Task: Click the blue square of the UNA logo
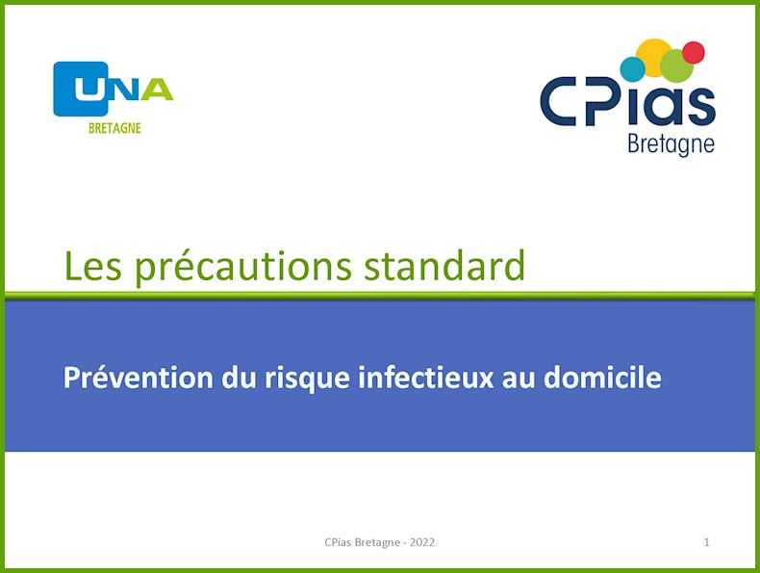(x=81, y=89)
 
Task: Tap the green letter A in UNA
(x=157, y=90)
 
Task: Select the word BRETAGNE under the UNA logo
(x=114, y=128)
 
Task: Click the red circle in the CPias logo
(x=693, y=52)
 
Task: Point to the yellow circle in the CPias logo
(x=653, y=57)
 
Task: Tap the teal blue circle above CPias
(x=632, y=69)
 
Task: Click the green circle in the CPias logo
(x=676, y=65)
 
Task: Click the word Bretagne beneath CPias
(x=671, y=144)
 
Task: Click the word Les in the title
(x=92, y=266)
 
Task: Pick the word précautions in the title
(x=242, y=268)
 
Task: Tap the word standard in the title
(x=444, y=266)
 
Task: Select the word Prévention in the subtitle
(x=139, y=377)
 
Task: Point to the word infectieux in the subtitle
(x=425, y=377)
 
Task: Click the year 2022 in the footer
(x=422, y=542)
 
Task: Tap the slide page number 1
(x=707, y=542)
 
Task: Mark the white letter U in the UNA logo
(x=89, y=90)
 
